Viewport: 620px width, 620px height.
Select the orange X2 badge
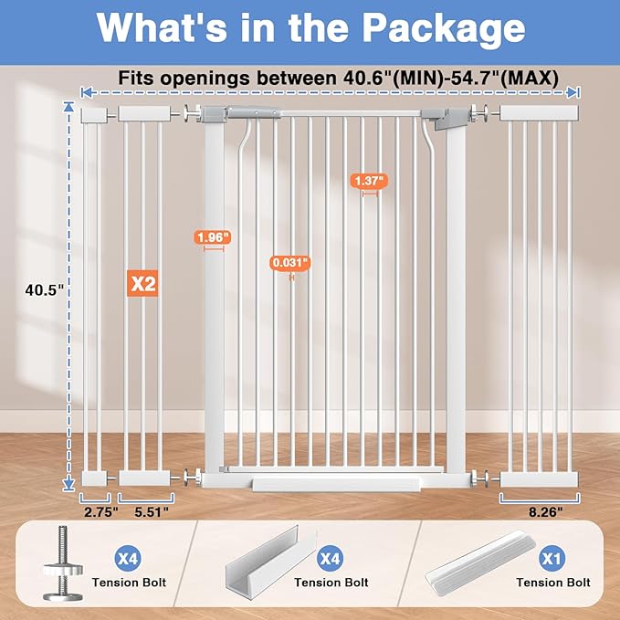pyautogui.click(x=142, y=284)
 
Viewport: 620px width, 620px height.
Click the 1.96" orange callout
pyautogui.click(x=212, y=237)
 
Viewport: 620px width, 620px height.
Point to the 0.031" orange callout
pyautogui.click(x=290, y=263)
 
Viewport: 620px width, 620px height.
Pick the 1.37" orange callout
pyautogui.click(x=368, y=181)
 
